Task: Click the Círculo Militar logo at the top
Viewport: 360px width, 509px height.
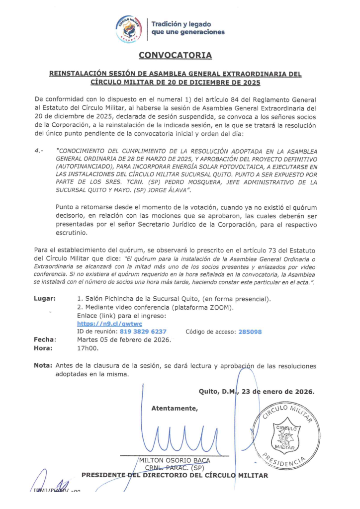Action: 129,28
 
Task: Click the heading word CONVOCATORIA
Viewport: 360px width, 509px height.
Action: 175,55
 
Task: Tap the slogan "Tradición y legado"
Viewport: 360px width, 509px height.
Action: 181,24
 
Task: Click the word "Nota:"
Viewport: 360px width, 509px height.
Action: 43,366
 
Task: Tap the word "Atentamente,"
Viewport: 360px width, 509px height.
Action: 174,409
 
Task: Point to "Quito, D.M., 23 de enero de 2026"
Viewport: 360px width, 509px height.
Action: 256,391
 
